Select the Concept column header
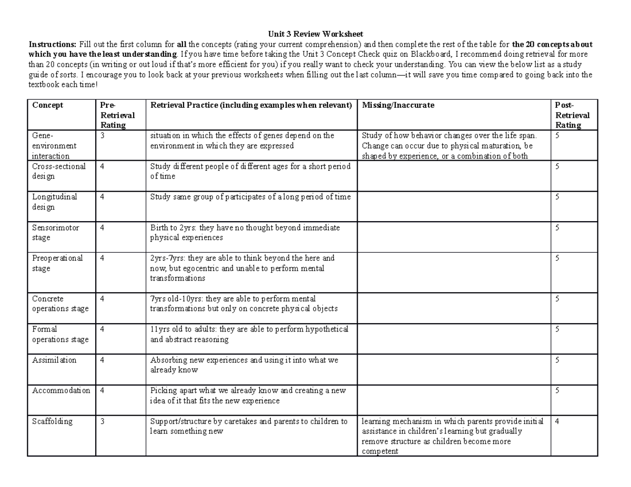pyautogui.click(x=48, y=105)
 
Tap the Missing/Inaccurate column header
pyautogui.click(x=398, y=105)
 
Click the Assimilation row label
pyautogui.click(x=54, y=360)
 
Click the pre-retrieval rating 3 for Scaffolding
pyautogui.click(x=103, y=421)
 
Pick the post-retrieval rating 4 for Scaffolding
pyautogui.click(x=557, y=421)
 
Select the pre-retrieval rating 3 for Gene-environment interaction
pyautogui.click(x=103, y=136)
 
